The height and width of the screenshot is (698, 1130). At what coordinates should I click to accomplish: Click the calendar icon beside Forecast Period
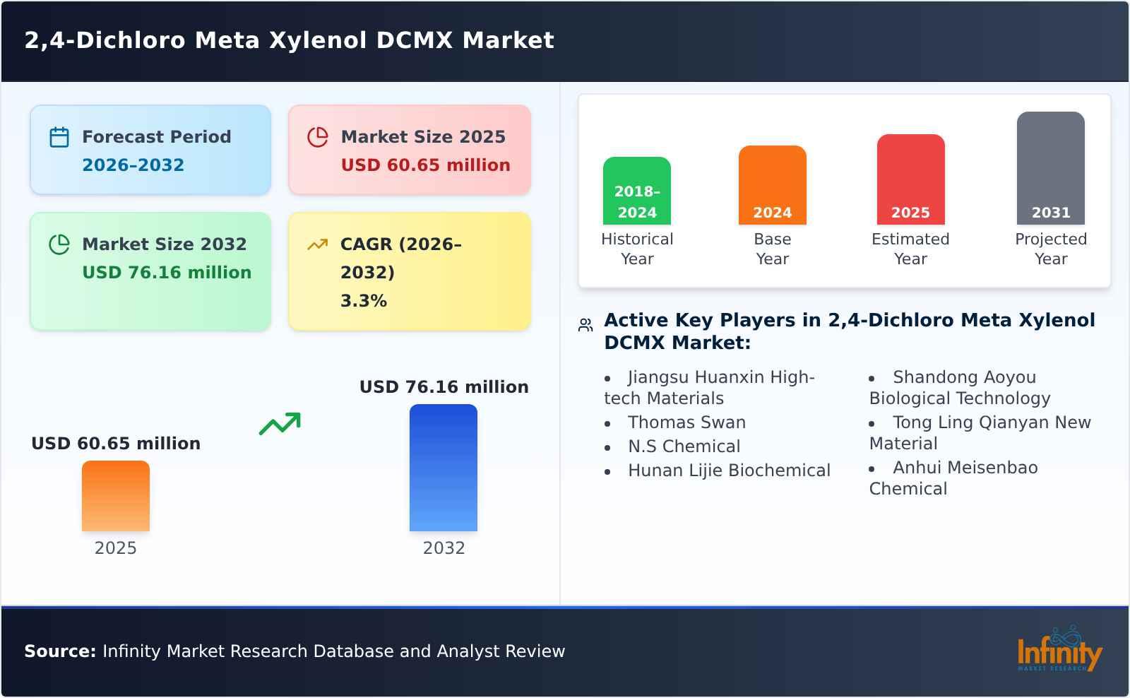(x=59, y=137)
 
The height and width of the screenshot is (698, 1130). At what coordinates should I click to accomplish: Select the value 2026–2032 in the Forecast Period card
(x=133, y=165)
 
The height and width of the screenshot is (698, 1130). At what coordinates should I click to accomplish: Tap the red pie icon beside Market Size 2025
(x=318, y=137)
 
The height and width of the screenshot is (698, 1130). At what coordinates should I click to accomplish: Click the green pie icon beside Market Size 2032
(x=59, y=244)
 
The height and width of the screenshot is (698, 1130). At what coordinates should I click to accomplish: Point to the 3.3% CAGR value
(x=363, y=301)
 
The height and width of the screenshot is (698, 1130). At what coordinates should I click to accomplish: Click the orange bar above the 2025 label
(x=116, y=496)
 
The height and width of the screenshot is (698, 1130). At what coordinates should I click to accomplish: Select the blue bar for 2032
(x=444, y=468)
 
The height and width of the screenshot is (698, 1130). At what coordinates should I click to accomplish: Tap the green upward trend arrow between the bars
(x=280, y=424)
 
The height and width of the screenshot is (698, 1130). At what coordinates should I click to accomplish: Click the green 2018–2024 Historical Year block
(x=637, y=191)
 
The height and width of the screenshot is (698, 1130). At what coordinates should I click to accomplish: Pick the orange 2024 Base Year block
(x=773, y=185)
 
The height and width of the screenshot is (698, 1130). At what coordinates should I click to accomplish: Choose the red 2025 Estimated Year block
(x=910, y=179)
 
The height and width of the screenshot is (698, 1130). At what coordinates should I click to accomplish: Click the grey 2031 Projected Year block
(x=1051, y=168)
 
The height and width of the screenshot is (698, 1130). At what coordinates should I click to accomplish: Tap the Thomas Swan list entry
(x=686, y=422)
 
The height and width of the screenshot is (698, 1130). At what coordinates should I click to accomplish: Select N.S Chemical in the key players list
(x=684, y=446)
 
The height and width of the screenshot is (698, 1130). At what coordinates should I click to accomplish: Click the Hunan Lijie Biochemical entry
(x=729, y=471)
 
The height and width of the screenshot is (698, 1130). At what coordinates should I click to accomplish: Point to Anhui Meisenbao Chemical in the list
(x=953, y=478)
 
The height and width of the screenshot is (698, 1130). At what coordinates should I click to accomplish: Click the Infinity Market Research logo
(x=1059, y=651)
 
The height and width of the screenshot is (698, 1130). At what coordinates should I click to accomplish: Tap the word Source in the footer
(x=59, y=651)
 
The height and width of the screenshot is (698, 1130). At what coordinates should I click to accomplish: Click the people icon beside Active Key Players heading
(x=585, y=325)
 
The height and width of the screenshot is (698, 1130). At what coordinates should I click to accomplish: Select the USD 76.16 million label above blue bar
(x=444, y=387)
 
